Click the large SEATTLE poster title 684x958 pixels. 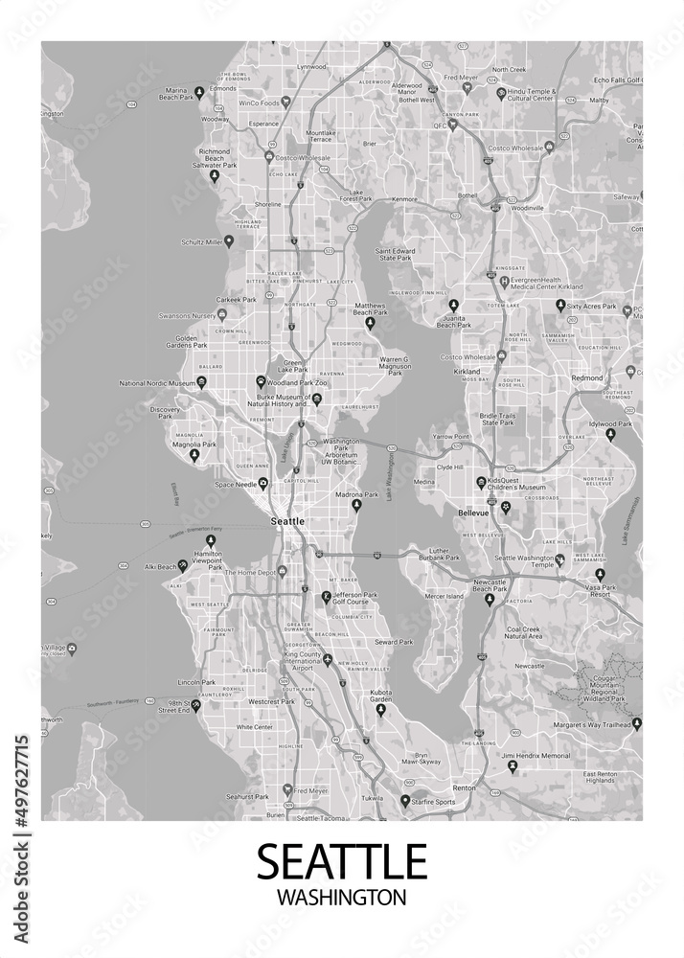click(341, 860)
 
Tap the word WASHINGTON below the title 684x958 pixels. click(341, 898)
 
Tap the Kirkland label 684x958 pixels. click(467, 370)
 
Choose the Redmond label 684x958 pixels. click(586, 378)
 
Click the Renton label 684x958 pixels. click(464, 787)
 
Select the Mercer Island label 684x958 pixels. click(444, 597)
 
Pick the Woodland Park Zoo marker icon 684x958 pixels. click(261, 380)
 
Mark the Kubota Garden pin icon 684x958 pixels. click(380, 709)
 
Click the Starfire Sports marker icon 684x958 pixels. click(405, 800)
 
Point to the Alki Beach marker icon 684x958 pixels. click(182, 566)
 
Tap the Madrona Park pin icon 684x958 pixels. click(357, 504)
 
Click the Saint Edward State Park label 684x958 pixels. click(395, 254)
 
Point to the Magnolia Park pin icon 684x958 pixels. click(194, 455)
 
